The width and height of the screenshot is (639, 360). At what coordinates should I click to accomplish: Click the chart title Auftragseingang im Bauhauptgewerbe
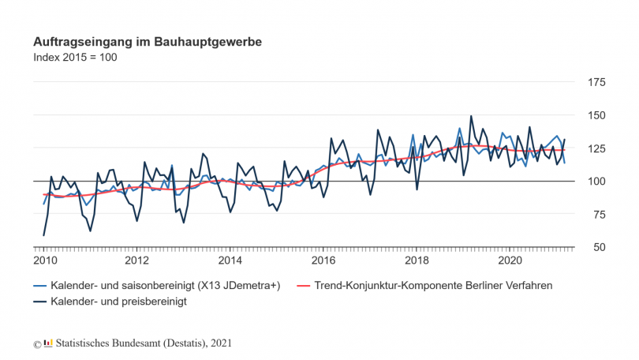(148, 40)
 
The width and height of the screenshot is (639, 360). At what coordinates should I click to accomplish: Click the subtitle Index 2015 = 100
(75, 57)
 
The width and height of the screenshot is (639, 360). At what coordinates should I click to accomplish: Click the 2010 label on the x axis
(44, 261)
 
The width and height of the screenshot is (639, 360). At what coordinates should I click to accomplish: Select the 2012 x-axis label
(137, 261)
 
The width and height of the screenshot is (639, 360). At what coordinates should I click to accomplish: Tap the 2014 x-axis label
(230, 261)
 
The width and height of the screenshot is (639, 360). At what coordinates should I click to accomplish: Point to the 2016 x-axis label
(323, 261)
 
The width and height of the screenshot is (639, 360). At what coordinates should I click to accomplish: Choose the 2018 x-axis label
(417, 261)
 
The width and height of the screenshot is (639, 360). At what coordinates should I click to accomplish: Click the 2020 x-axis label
(510, 261)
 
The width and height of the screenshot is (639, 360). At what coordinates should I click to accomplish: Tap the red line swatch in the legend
(305, 285)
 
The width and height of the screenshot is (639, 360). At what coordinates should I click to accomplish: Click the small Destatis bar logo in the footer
(48, 343)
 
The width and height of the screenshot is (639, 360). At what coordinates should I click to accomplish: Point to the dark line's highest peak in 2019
(471, 116)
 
